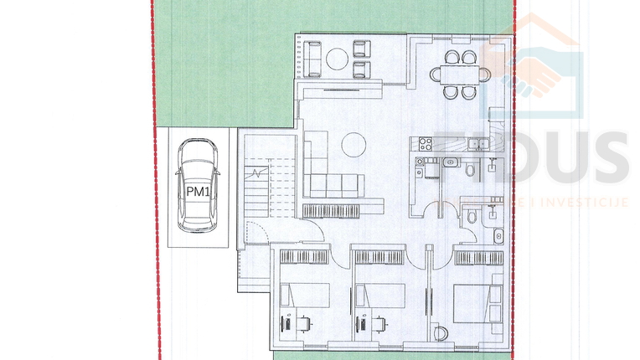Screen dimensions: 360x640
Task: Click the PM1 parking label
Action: pyautogui.click(x=198, y=191)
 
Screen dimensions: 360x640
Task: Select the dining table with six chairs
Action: pyautogui.click(x=459, y=73)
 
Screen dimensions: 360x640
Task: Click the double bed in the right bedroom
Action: pyautogui.click(x=478, y=300)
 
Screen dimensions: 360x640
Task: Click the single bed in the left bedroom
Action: pyautogui.click(x=304, y=296)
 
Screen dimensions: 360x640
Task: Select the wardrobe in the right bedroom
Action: pyautogui.click(x=478, y=256)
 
